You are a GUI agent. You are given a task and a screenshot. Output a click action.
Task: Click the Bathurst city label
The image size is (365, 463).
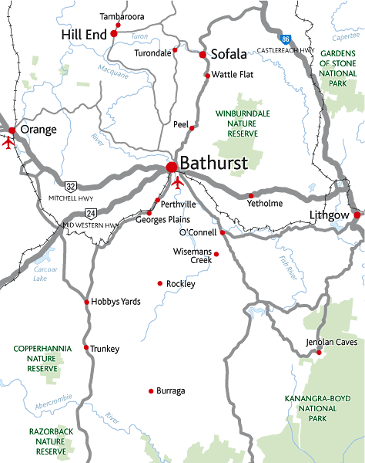click(213, 164)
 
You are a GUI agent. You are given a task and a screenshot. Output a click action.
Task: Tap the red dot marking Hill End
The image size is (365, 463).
click(114, 34)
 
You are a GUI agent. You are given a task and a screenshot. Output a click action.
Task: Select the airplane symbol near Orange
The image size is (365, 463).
click(9, 142)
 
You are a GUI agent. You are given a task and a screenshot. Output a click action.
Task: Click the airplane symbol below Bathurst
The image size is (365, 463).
click(179, 183)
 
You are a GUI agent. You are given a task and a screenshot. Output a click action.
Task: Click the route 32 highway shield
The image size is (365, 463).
click(71, 186)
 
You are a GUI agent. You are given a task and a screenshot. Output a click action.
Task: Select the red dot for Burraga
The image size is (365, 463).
click(150, 391)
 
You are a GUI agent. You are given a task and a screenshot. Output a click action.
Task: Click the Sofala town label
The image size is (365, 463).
click(229, 54)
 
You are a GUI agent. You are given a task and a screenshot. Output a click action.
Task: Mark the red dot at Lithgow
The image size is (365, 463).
click(357, 215)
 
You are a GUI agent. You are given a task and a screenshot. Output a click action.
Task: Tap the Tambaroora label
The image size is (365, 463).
click(122, 15)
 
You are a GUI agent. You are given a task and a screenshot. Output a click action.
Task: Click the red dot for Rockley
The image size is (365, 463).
click(160, 284)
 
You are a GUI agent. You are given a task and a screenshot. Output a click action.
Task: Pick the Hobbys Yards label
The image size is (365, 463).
click(116, 302)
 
